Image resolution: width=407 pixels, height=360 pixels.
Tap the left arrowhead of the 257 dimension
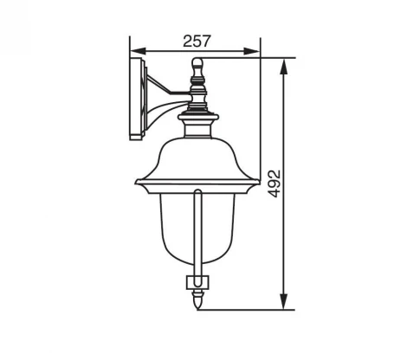(x=133, y=51)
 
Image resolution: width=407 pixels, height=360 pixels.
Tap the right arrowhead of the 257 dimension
(x=255, y=51)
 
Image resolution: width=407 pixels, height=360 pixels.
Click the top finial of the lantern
(x=198, y=66)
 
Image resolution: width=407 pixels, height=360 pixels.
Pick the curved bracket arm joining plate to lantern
(x=158, y=102)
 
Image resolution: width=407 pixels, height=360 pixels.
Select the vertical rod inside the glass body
(x=198, y=234)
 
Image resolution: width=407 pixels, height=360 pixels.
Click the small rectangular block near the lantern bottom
(x=198, y=281)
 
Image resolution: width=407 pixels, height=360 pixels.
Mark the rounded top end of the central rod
(x=198, y=193)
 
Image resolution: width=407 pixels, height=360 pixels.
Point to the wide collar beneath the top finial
(x=198, y=111)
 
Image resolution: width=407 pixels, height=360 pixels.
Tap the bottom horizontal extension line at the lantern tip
(x=251, y=308)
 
